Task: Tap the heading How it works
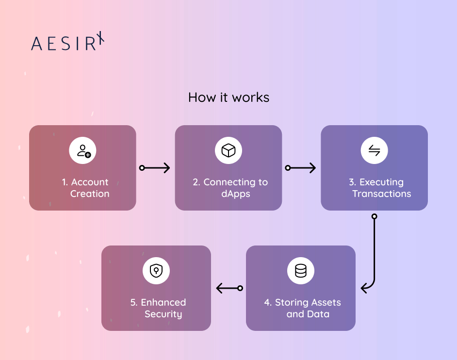point(228,97)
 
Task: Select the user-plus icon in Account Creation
point(83,151)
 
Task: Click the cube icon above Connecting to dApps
point(228,151)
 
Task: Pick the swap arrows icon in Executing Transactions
point(374,151)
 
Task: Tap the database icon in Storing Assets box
point(301,271)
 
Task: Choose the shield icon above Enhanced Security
point(156,271)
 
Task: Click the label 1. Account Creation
point(85,188)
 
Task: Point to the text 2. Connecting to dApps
point(230,188)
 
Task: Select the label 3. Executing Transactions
point(376,188)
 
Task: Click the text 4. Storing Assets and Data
point(302,308)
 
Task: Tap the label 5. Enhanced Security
point(158,308)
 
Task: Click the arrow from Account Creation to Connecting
point(155,168)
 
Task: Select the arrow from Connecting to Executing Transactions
point(301,168)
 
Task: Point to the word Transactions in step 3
point(382,194)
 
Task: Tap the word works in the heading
point(250,97)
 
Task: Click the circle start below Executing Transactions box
point(374,216)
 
